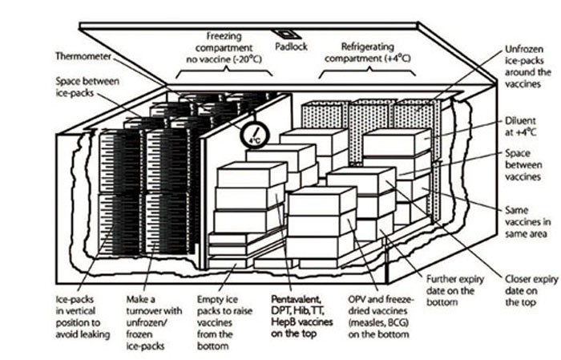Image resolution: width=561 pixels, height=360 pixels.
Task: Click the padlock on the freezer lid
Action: tap(285, 37)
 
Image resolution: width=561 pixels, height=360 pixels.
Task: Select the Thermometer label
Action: tap(84, 57)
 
